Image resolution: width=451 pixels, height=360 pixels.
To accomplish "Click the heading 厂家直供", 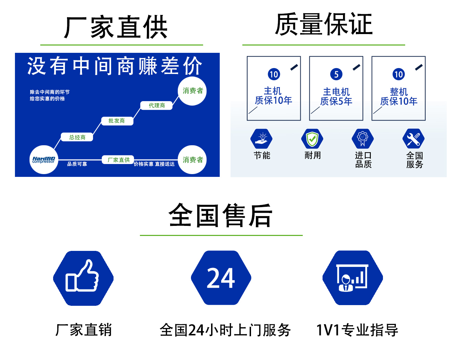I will [116, 27].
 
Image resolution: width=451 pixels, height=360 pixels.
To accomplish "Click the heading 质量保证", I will [324, 24].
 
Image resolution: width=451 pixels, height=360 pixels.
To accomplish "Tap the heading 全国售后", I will [221, 215].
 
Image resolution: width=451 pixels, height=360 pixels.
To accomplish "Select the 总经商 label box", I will [77, 137].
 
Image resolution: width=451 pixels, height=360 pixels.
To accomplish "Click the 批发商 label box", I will [117, 121].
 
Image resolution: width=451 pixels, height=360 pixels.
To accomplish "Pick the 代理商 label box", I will [157, 105].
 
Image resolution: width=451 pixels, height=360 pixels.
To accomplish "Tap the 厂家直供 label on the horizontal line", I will [118, 160].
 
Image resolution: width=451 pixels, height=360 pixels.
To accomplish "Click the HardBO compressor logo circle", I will [44, 159].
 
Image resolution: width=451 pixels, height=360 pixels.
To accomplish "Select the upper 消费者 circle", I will [192, 91].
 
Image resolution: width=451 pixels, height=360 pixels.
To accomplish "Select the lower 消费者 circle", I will [192, 159].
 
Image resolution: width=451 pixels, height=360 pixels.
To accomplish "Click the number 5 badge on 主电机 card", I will [336, 74].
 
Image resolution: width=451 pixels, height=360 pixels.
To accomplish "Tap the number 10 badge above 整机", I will [399, 74].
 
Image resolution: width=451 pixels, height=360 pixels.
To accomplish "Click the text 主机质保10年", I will [273, 96].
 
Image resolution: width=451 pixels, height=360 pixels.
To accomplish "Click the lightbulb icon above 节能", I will [261, 139].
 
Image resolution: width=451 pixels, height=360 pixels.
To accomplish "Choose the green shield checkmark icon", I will [312, 139].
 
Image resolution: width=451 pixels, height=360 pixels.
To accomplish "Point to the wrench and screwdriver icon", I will [414, 139].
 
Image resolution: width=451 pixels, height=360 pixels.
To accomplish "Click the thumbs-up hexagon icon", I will [83, 278].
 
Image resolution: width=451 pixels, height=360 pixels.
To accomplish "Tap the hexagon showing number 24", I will [221, 278].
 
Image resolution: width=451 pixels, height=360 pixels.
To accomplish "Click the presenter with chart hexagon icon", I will [352, 278].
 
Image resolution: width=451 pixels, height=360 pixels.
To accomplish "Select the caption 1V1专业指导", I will [357, 330].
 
